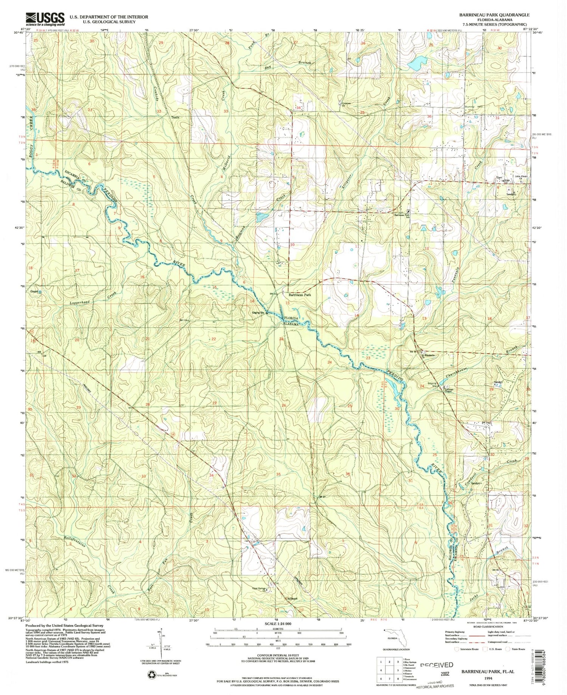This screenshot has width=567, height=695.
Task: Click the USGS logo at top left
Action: coord(45,18)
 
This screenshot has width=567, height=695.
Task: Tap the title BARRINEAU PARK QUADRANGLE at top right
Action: coord(494,15)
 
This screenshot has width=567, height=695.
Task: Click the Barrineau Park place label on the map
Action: coord(300,295)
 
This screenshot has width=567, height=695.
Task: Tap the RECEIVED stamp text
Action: coord(437,665)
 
